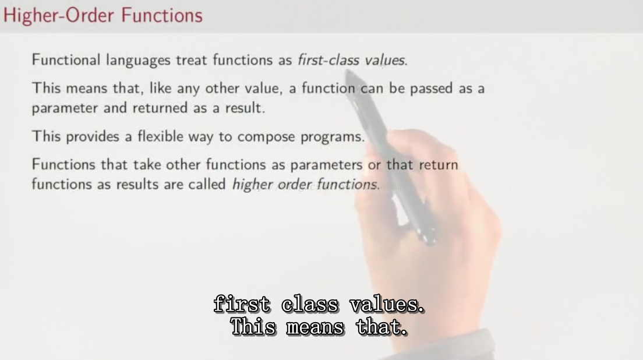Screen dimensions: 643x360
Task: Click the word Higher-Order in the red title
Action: pos(59,15)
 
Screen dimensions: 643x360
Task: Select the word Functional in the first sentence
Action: pos(66,60)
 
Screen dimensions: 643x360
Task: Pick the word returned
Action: pos(160,108)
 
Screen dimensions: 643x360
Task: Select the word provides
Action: pos(92,137)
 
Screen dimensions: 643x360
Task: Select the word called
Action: pos(207,184)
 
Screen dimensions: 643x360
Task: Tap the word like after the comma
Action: pos(160,88)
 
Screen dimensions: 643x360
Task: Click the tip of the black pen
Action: pos(347,71)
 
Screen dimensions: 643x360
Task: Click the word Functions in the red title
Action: pos(162,15)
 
